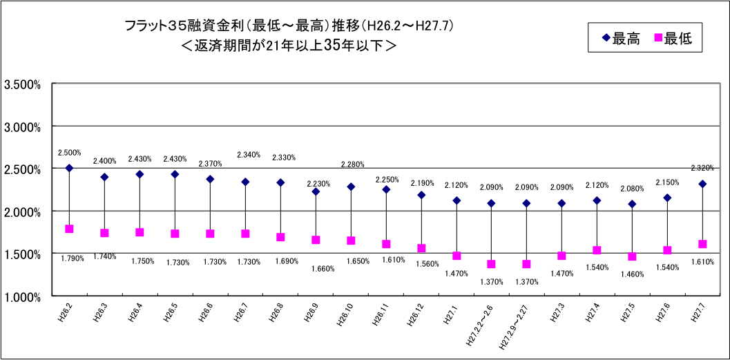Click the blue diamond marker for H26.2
[69, 168]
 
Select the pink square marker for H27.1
[457, 256]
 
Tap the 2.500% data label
[69, 152]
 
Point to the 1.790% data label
[72, 258]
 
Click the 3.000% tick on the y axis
[23, 127]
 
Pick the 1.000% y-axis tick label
[23, 296]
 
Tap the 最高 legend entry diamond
[606, 39]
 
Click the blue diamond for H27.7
[702, 184]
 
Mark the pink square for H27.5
[632, 256]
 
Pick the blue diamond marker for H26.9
[316, 191]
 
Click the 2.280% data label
[352, 164]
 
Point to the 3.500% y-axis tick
[23, 85]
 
